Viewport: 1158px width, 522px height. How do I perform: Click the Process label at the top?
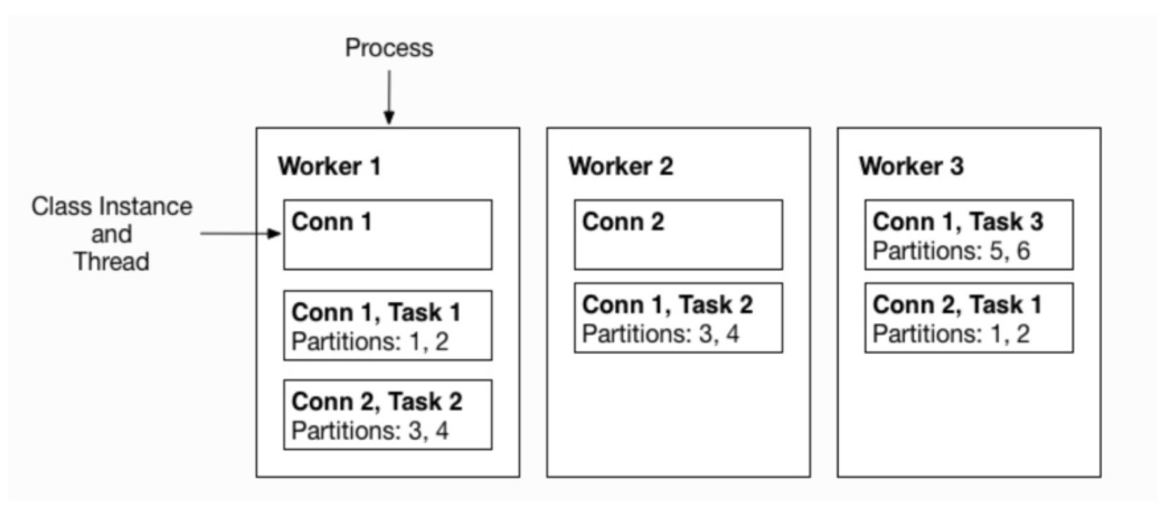pos(389,48)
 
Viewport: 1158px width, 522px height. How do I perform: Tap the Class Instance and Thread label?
pos(111,233)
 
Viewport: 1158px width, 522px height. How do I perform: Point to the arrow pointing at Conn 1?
pos(240,233)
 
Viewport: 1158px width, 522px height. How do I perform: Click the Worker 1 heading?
pos(329,166)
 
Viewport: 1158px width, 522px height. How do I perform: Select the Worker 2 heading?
pos(621,166)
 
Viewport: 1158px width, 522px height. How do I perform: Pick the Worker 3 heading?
pos(911,166)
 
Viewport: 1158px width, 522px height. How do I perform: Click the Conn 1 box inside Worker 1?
pos(388,235)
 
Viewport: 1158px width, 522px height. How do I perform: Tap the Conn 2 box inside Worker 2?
pos(678,235)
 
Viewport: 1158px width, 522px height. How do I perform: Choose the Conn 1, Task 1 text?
pos(376,312)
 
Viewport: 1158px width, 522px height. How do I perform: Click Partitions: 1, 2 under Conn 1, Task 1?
pos(370,341)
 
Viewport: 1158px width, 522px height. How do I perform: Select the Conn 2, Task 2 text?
pos(377,401)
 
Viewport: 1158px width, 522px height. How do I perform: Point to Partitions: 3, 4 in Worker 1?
pos(370,430)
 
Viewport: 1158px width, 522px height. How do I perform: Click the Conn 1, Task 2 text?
pos(667,305)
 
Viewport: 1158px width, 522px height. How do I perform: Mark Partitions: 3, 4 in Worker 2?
pos(661,334)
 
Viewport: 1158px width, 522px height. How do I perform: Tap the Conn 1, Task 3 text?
pos(958,221)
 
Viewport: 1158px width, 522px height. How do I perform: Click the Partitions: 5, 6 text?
pos(951,250)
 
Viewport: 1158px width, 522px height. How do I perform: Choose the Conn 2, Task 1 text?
pos(957,305)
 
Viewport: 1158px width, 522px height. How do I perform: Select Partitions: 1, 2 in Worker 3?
pos(951,334)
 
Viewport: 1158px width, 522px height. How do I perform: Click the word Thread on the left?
pos(111,262)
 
